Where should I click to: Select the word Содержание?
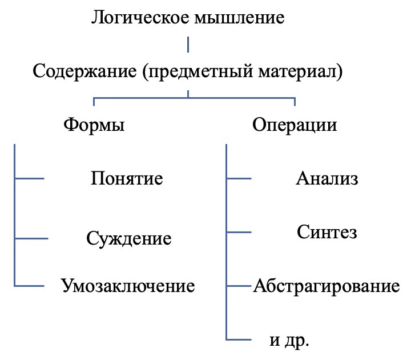click(84, 71)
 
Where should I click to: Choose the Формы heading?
click(94, 125)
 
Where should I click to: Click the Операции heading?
click(295, 126)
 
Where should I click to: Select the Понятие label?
click(127, 178)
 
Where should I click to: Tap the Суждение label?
click(129, 239)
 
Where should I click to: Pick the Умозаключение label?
click(128, 286)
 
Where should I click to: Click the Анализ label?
click(327, 179)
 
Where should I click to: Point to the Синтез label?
click(327, 232)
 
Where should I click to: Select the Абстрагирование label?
click(327, 286)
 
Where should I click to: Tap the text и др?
click(289, 341)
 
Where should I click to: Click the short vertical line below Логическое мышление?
click(188, 45)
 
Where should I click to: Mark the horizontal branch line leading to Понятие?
click(29, 178)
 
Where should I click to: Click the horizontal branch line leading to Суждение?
click(31, 238)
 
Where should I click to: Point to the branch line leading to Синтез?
click(239, 232)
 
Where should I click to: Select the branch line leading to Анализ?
click(239, 178)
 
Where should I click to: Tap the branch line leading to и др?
click(239, 340)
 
